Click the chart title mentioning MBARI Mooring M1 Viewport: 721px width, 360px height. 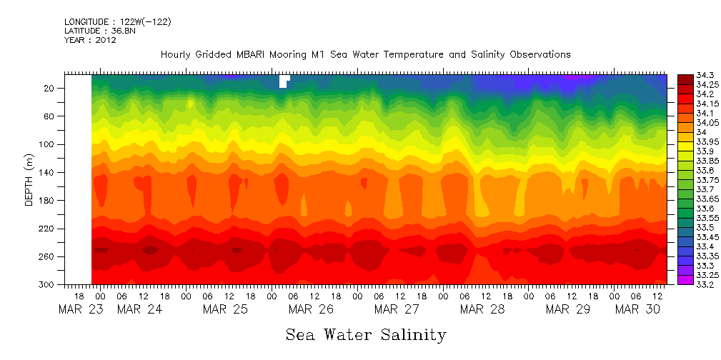[365, 55]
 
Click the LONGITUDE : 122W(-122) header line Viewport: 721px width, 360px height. [117, 22]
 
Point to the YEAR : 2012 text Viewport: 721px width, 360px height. [90, 41]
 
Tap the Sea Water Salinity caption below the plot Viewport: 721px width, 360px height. [366, 334]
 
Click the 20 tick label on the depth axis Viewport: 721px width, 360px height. [50, 88]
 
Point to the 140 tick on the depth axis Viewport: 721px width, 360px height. [47, 172]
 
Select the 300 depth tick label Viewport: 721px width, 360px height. [47, 284]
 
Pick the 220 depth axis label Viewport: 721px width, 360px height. [47, 229]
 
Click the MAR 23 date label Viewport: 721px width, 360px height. [75, 310]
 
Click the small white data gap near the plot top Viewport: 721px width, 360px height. [283, 81]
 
